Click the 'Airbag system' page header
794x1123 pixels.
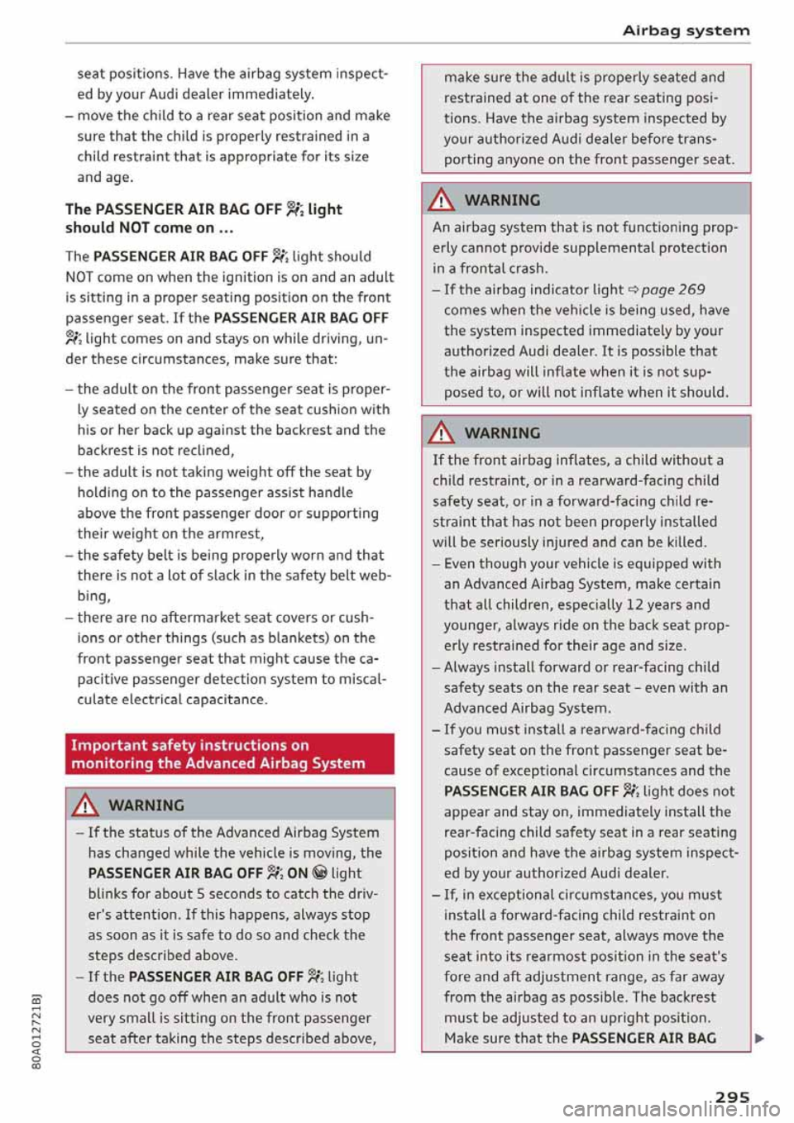coord(686,31)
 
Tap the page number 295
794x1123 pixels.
coord(732,1097)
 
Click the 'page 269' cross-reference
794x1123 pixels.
coord(672,289)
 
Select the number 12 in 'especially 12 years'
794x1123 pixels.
coord(635,605)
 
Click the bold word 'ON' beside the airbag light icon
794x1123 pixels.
coord(297,873)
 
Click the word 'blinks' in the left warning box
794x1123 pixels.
coord(108,894)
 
